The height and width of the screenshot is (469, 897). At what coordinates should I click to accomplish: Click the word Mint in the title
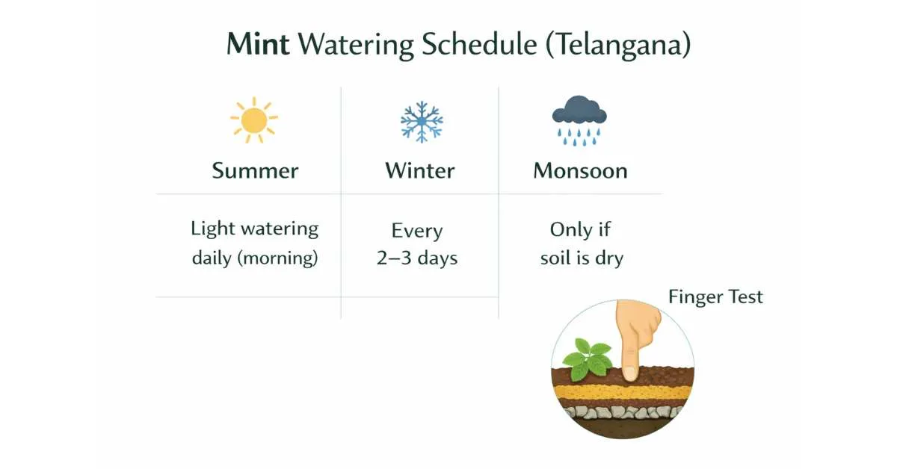[x=258, y=43]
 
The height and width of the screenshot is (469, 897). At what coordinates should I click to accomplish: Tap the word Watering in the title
[x=356, y=46]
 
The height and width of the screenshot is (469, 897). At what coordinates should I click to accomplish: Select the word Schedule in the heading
[x=479, y=43]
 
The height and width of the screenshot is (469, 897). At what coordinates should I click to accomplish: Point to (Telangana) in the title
[x=618, y=45]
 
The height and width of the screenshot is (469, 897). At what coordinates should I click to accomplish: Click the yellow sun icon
[x=254, y=120]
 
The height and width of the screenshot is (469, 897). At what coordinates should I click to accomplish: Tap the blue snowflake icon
[x=422, y=122]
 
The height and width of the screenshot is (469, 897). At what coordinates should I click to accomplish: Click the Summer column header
[x=255, y=171]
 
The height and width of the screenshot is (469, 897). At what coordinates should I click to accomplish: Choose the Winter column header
[x=419, y=171]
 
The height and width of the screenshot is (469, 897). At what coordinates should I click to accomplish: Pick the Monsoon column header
[x=580, y=171]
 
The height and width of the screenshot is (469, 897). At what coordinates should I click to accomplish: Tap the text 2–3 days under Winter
[x=417, y=258]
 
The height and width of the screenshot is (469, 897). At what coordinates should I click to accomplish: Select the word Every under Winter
[x=417, y=232]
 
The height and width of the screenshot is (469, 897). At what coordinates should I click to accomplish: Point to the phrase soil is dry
[x=582, y=258]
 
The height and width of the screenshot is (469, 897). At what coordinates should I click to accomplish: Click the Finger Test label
[x=715, y=297]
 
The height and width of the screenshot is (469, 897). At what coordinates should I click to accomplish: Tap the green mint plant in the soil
[x=588, y=359]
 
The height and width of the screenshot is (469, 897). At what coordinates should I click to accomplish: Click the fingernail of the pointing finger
[x=629, y=373]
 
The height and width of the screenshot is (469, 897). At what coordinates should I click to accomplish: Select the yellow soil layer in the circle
[x=623, y=391]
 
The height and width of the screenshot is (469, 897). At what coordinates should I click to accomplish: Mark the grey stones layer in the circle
[x=623, y=412]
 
